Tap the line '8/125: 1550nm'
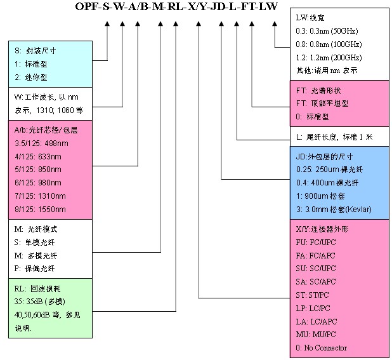point(40,209)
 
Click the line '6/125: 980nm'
point(39,180)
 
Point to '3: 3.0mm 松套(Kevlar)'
point(334,209)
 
